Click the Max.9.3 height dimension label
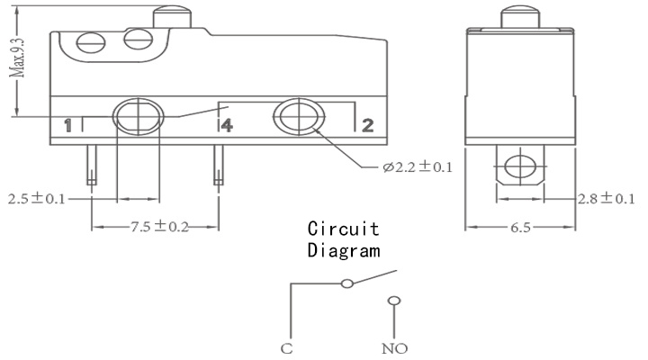coord(18,57)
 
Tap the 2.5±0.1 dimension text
coord(37,199)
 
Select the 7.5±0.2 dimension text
coord(159,227)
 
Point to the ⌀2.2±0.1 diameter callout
coord(418,167)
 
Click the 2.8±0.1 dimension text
coord(606,199)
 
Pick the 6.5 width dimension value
coord(520,228)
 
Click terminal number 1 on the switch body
coord(67,126)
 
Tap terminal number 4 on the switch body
coord(227,125)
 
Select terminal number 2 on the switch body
coord(368,125)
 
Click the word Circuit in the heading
coord(344,229)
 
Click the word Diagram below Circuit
coord(344,250)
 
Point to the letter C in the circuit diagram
coord(287,348)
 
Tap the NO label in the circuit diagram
coord(395,348)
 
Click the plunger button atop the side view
coord(172,17)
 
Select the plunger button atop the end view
coord(520,17)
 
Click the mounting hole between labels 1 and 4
coord(139,117)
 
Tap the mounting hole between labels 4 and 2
coord(299,117)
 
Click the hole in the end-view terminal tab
coord(520,166)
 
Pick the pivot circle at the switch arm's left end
coord(347,283)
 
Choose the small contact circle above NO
coord(394,301)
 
